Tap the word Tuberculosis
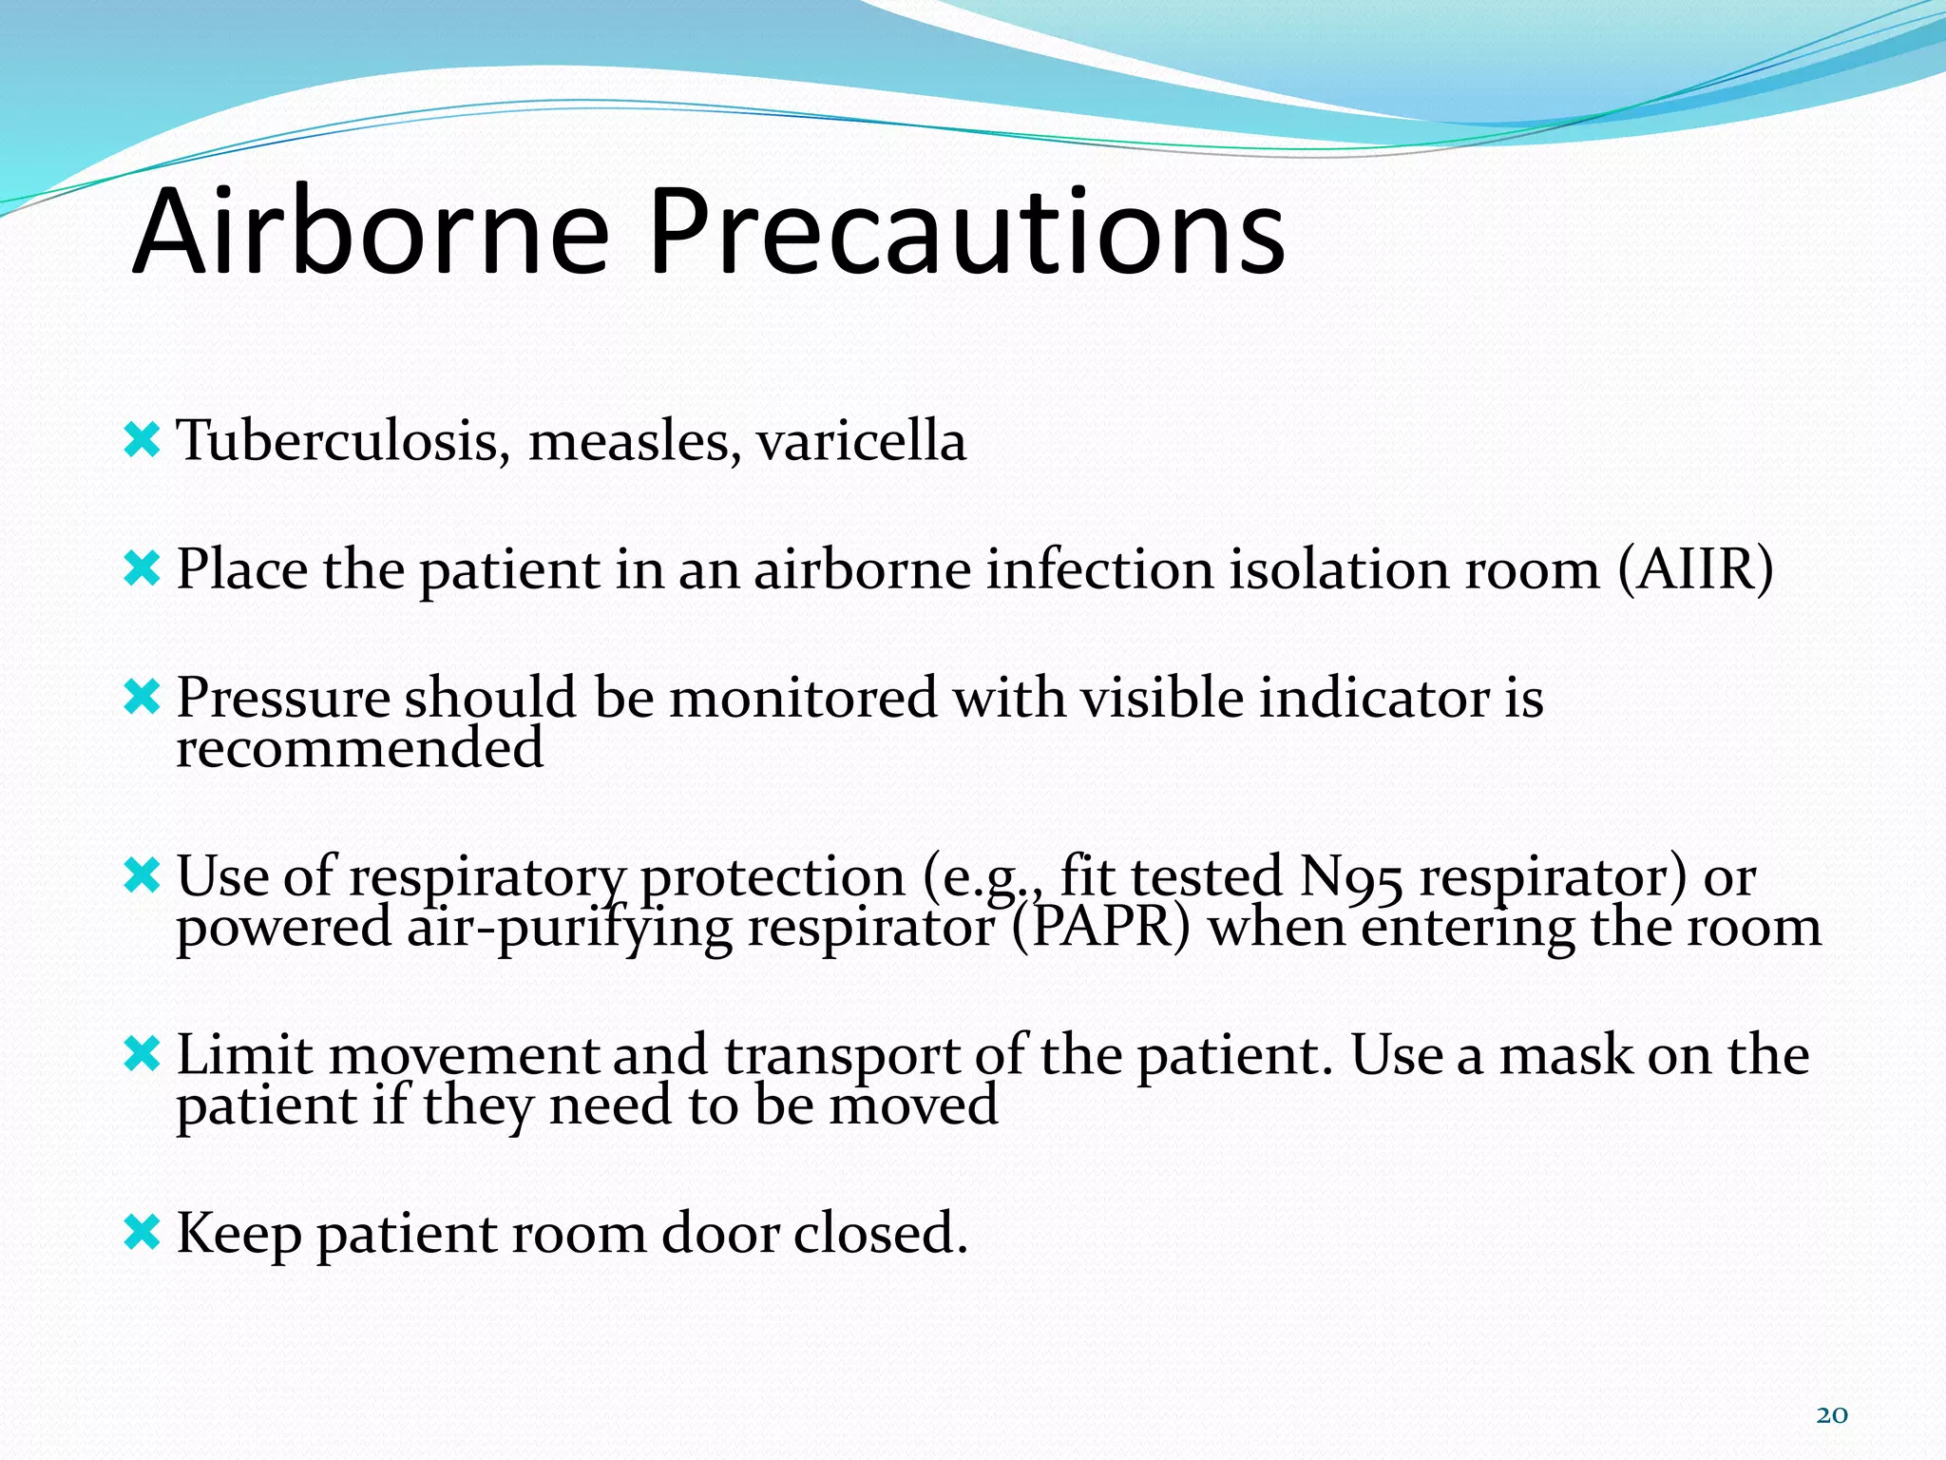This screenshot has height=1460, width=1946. (x=338, y=441)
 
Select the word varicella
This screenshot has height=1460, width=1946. (x=861, y=441)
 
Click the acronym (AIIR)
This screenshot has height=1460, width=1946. (x=1694, y=569)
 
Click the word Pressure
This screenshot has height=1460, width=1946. (x=282, y=698)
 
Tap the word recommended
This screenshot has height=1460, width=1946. (x=360, y=748)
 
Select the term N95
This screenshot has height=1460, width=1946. (x=1349, y=875)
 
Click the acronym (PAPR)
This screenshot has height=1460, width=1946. (x=1100, y=927)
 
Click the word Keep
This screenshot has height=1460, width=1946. (x=238, y=1235)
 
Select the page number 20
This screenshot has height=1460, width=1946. (x=1831, y=1415)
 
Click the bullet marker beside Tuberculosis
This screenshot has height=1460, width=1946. (x=142, y=441)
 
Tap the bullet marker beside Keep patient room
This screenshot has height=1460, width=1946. (x=142, y=1233)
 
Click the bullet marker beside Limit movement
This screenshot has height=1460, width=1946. (x=142, y=1054)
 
